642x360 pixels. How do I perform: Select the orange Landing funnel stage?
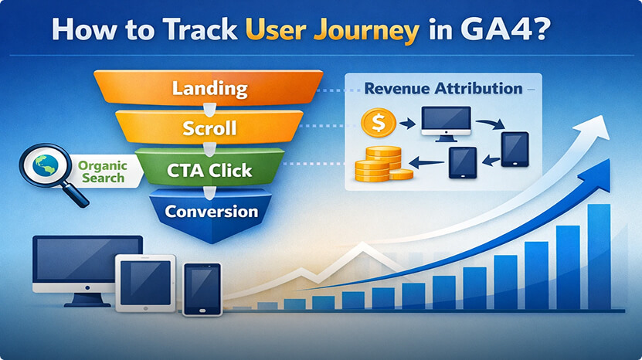(209, 87)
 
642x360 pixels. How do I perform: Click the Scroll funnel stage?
(209, 127)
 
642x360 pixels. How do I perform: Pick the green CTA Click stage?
(209, 169)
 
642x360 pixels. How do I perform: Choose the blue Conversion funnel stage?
(211, 214)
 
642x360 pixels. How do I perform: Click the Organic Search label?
(102, 172)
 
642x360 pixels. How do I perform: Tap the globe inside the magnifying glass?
(45, 165)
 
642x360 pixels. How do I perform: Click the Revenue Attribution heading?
(443, 89)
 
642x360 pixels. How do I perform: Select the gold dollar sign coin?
(379, 123)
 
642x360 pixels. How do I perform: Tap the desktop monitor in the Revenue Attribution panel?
(446, 124)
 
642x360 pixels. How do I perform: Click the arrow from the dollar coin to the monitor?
(407, 124)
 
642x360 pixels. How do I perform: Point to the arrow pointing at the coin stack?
(426, 163)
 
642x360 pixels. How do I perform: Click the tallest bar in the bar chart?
(599, 256)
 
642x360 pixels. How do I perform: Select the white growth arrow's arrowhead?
(593, 127)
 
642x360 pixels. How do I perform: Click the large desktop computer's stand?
(87, 300)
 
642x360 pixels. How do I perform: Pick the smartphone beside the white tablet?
(202, 289)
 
